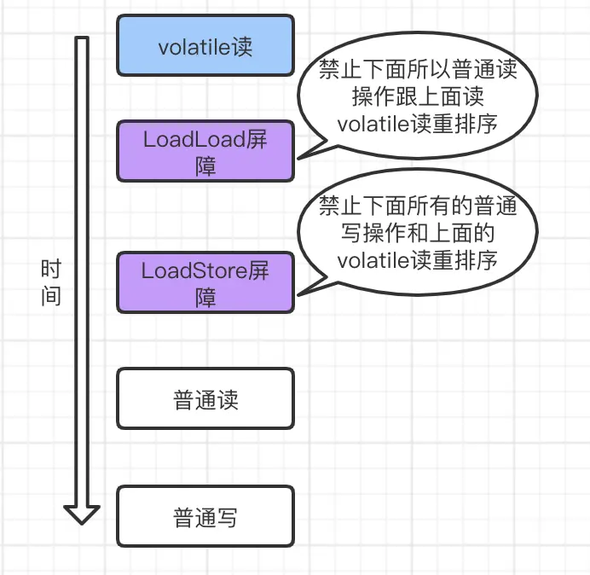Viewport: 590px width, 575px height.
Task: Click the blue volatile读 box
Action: pos(205,46)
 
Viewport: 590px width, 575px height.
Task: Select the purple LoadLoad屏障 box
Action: pos(205,151)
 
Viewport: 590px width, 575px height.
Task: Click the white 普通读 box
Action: pos(205,398)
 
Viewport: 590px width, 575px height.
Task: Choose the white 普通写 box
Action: pos(205,516)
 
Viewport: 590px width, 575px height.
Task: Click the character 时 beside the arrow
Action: pos(51,271)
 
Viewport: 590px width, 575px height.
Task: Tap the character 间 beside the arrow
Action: pos(51,297)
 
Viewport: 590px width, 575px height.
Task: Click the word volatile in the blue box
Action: pos(188,47)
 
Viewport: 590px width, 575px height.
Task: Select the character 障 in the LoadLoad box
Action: pos(205,165)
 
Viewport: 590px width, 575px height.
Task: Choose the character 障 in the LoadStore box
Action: pos(205,297)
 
